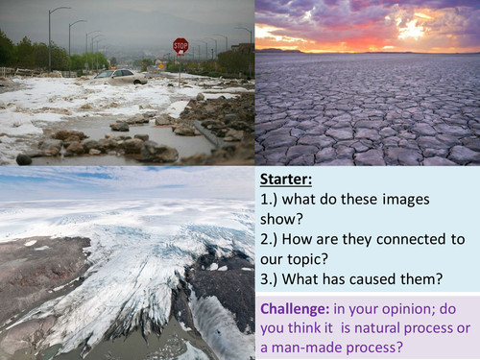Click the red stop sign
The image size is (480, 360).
pos(180,45)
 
